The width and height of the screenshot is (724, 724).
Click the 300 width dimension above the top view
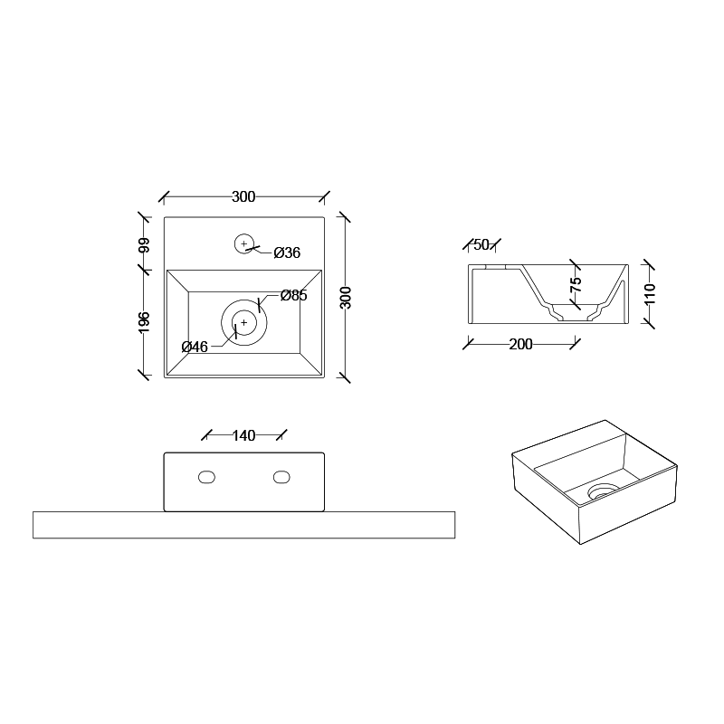coord(243,196)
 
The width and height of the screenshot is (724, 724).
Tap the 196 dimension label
coord(144,321)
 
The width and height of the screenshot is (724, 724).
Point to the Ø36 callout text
coord(286,252)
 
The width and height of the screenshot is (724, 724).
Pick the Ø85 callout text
coord(293,295)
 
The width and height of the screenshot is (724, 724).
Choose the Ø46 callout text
coord(195,347)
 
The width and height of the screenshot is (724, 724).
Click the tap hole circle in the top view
coord(243,243)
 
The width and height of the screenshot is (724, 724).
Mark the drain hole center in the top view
coord(243,321)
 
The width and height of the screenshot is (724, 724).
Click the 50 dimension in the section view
coord(481,244)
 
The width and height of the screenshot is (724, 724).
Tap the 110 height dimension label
coord(650,294)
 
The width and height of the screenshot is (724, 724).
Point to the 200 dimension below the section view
coord(520,344)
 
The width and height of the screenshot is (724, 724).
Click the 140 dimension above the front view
coord(243,435)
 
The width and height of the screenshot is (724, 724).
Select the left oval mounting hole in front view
coord(207,476)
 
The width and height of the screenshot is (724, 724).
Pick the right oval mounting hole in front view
coord(281,476)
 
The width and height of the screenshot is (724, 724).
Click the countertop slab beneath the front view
coord(243,525)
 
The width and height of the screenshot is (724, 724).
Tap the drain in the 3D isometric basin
coord(601,491)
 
